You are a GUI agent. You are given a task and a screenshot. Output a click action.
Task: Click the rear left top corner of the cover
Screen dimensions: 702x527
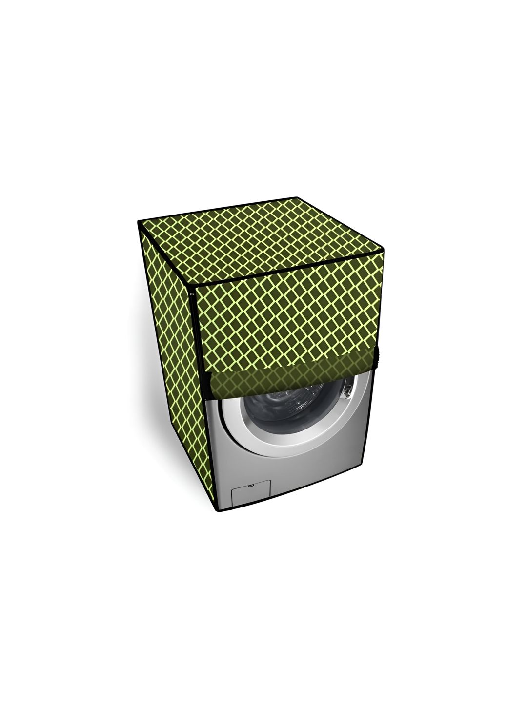(x=140, y=223)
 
